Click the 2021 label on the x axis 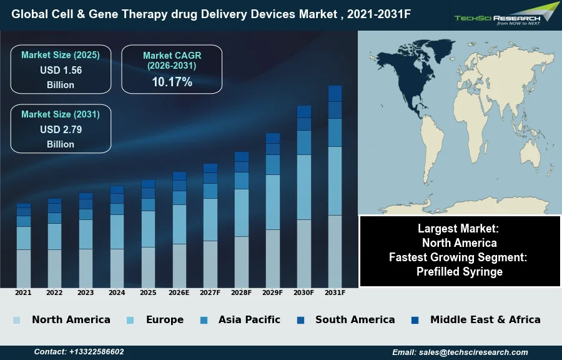click(23, 292)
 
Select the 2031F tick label click(335, 292)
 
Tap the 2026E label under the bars click(179, 292)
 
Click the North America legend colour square click(16, 320)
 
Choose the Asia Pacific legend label click(249, 320)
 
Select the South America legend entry click(355, 320)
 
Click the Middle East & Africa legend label click(485, 320)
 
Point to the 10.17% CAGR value click(172, 82)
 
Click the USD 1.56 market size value click(61, 71)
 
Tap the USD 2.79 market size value click(61, 130)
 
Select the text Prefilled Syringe click(460, 271)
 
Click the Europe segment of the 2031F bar click(335, 181)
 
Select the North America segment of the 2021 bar click(23, 268)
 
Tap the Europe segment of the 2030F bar click(304, 187)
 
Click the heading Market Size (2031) click(61, 114)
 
